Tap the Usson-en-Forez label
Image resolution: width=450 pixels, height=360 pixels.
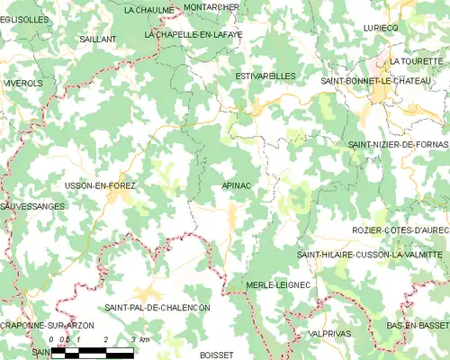(x=100, y=185)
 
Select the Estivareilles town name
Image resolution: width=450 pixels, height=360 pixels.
(x=265, y=76)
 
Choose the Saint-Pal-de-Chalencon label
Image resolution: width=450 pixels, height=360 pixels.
(x=157, y=308)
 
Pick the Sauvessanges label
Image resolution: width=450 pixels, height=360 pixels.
(x=32, y=206)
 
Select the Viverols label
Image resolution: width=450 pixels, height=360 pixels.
(x=22, y=83)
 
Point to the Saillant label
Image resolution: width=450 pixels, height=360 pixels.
(x=97, y=40)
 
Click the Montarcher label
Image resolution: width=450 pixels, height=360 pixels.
(x=211, y=6)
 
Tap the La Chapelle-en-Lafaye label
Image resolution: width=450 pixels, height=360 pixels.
(x=193, y=34)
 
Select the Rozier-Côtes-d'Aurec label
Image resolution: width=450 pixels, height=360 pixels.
(x=400, y=230)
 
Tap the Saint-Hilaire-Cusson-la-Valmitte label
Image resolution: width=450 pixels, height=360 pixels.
(x=371, y=256)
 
